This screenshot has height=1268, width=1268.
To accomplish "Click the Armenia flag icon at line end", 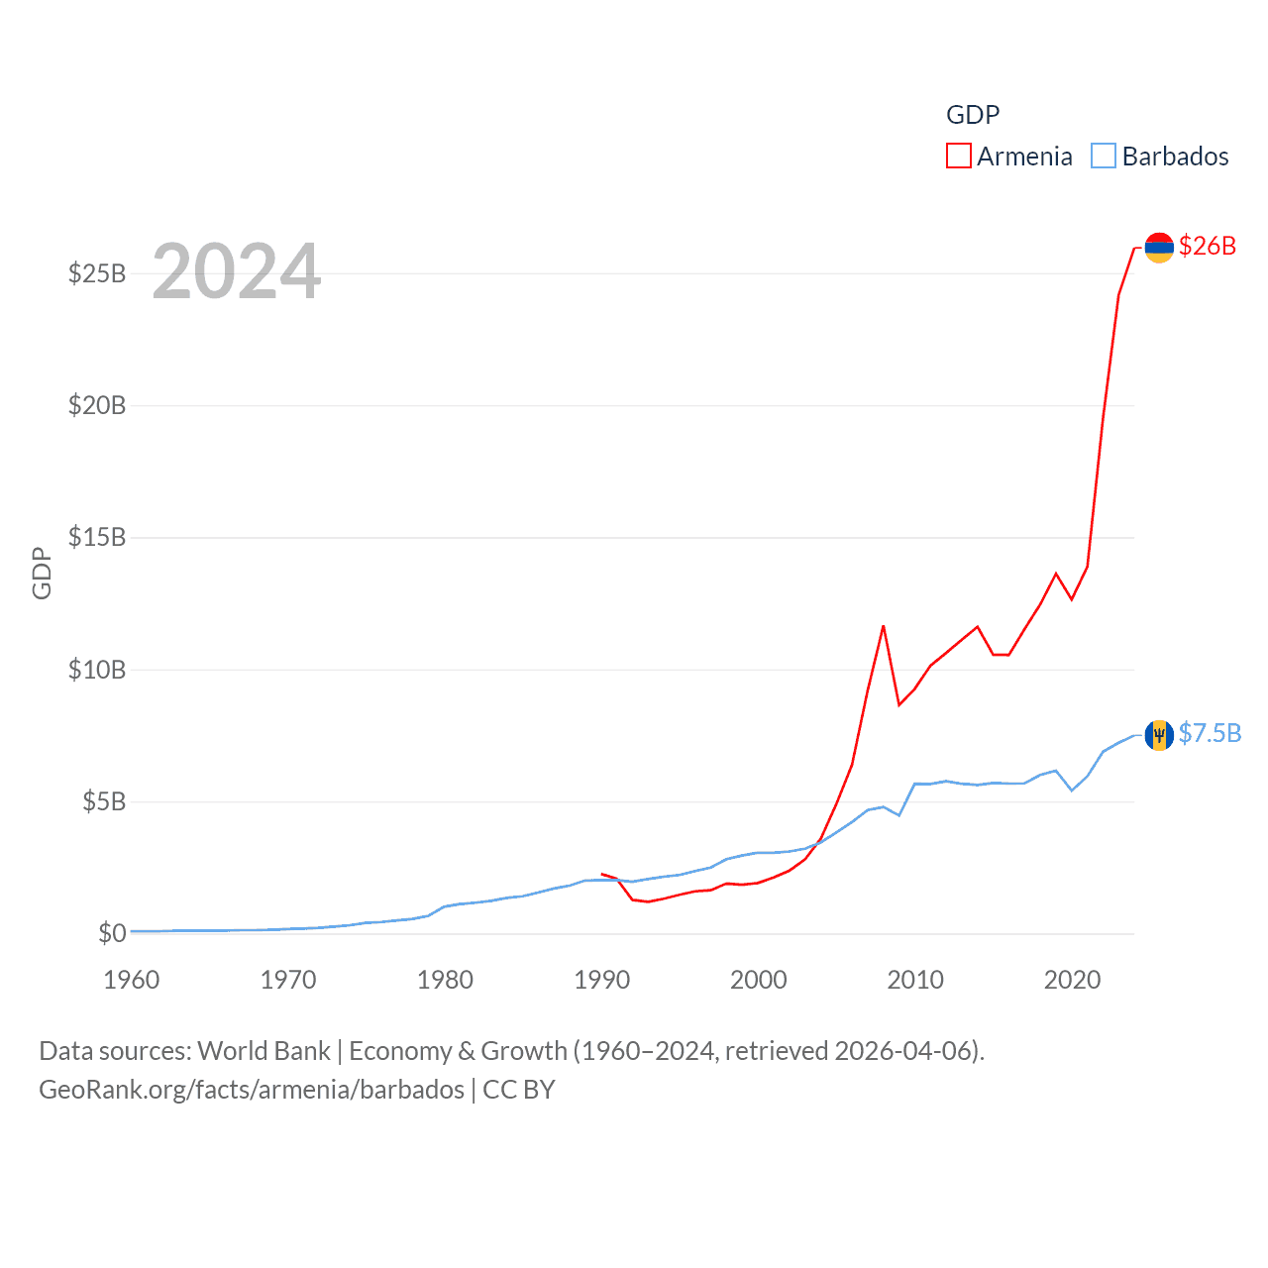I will coord(1159,247).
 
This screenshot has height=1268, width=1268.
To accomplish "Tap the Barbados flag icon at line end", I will coord(1159,735).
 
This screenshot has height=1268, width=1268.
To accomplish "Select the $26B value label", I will coord(1208,246).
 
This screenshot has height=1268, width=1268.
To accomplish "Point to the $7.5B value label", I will coord(1210,733).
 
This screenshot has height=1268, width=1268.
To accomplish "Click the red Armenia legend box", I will coord(959,157).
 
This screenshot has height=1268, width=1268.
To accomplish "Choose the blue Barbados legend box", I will coord(1104,157).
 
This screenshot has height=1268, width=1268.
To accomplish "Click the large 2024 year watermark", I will coord(237,270).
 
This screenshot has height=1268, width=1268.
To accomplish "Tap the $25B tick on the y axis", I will coord(97,273).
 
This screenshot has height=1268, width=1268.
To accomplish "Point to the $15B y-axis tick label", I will coord(97,537).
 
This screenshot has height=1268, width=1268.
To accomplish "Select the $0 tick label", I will coord(112,933).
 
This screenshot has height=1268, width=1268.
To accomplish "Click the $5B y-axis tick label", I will coord(104,801).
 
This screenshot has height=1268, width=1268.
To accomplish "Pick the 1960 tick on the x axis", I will coord(132,980).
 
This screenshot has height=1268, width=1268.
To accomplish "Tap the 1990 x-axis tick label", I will coord(602,980).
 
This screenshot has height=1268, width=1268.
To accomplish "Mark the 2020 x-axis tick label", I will coord(1072,980).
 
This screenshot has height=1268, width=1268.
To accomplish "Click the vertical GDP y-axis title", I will coord(42,573).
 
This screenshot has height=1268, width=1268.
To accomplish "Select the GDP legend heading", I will coord(973,115).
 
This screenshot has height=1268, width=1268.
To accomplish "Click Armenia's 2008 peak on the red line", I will coord(883,626).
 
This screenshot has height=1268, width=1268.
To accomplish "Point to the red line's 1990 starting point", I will coord(602,874).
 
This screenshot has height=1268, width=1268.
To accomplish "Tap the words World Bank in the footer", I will coord(264,1050).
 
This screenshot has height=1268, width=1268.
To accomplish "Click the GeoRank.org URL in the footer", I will coord(252,1090).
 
